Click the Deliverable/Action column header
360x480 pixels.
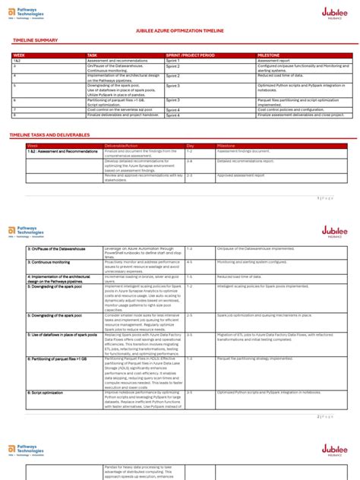[x=122, y=145]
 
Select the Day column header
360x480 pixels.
[x=191, y=145]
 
